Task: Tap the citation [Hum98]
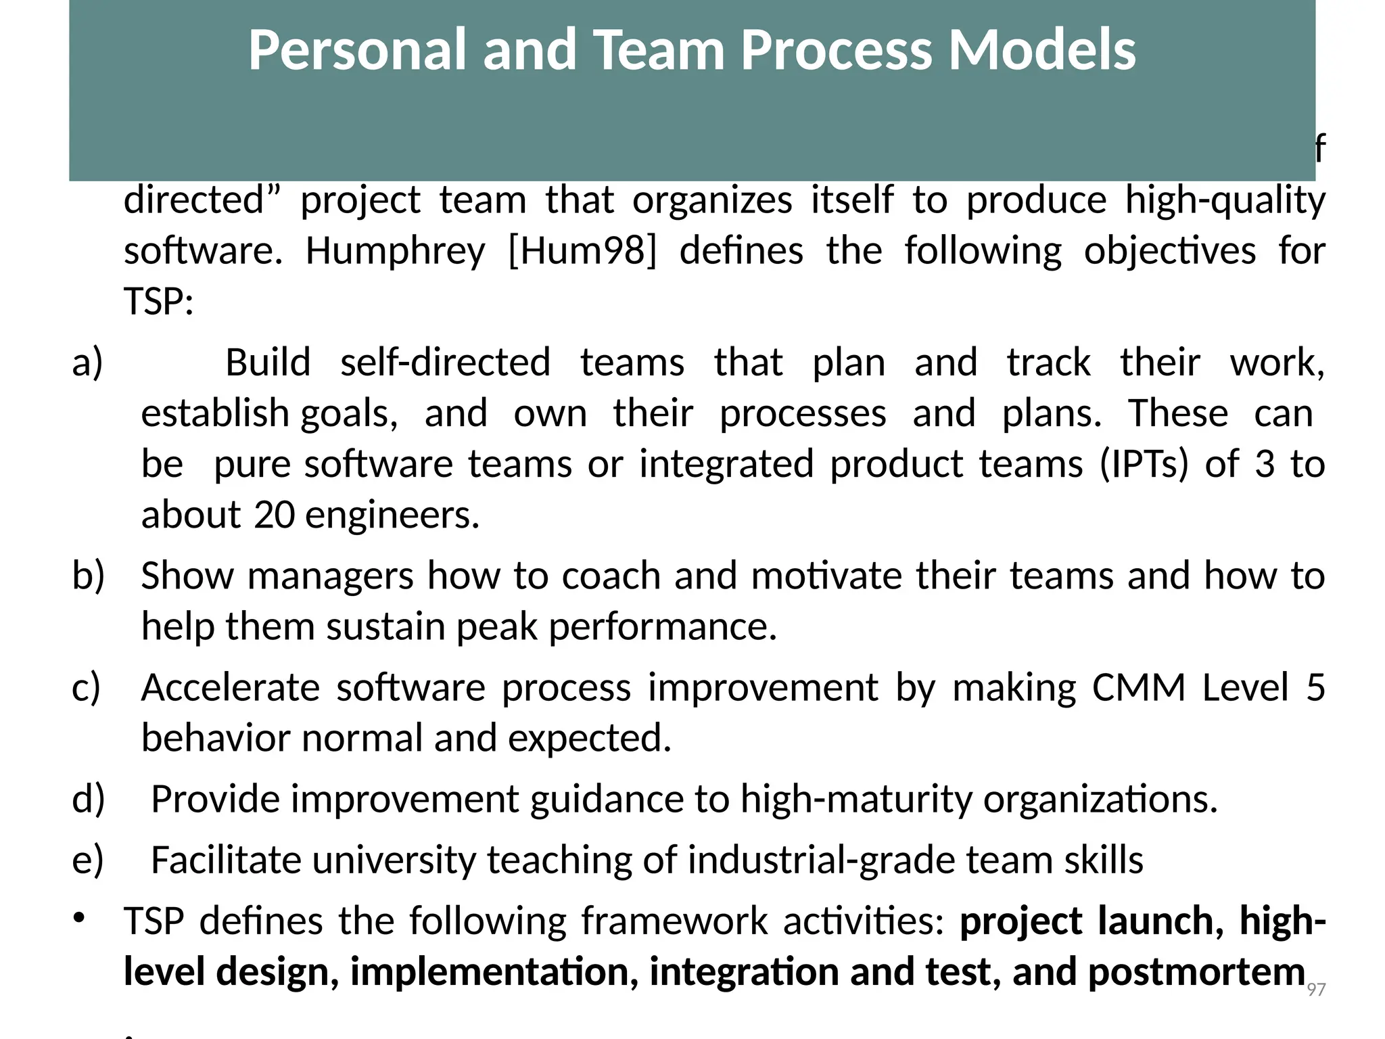click(x=582, y=251)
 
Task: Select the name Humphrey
click(x=395, y=251)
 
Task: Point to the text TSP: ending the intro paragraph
click(x=159, y=302)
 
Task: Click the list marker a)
click(x=88, y=363)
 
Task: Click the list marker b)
click(x=89, y=576)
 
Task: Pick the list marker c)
click(x=87, y=687)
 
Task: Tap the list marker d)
click(x=89, y=799)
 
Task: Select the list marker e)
click(x=88, y=860)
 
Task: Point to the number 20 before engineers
click(x=275, y=515)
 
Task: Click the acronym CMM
click(x=1139, y=687)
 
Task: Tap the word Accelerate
click(x=230, y=687)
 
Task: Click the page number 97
click(x=1316, y=990)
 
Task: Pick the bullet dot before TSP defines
click(x=79, y=918)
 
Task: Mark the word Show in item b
click(x=187, y=576)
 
